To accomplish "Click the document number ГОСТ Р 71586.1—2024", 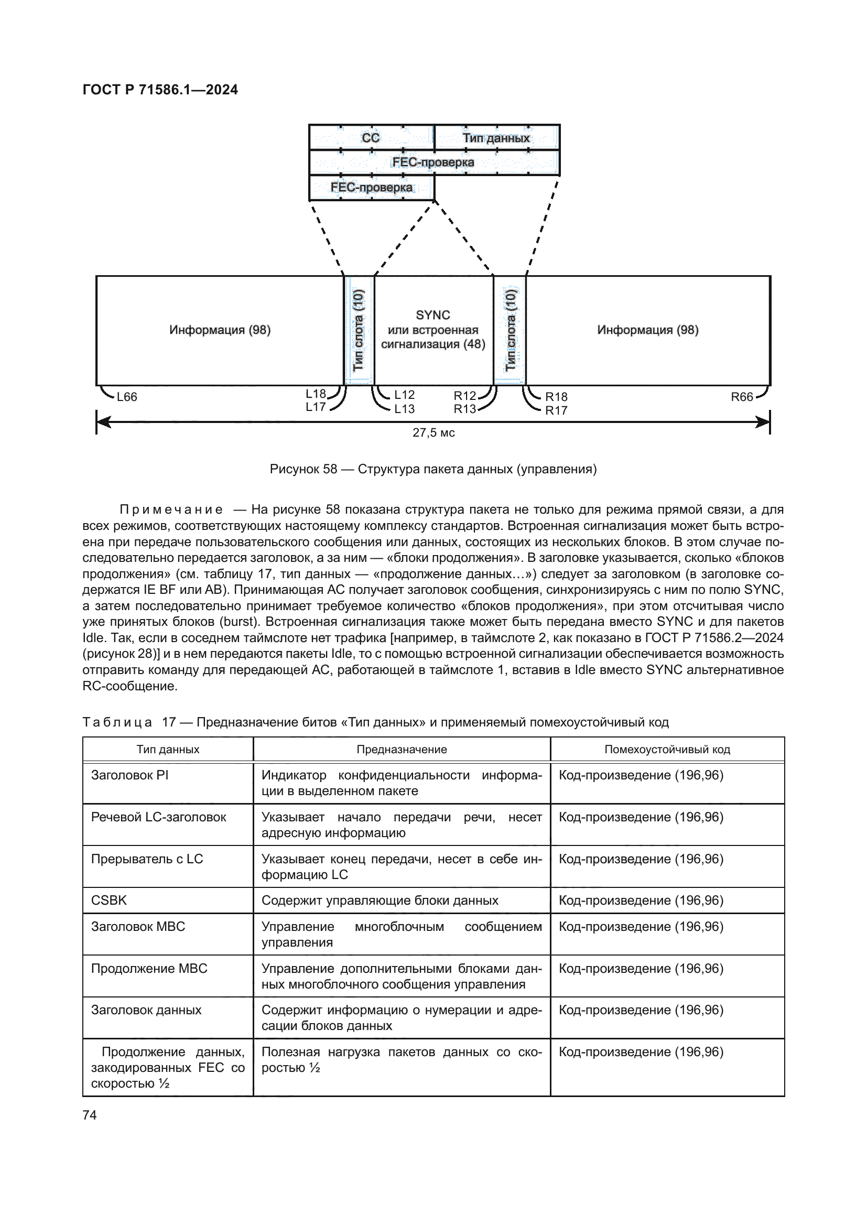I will pos(160,90).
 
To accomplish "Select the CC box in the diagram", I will pos(371,138).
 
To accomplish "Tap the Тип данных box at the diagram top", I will pos(496,138).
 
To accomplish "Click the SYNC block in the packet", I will pos(433,330).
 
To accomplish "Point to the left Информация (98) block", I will pos(220,330).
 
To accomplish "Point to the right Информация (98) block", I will pos(647,330).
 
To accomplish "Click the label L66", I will pos(127,397).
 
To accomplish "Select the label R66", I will pos(742,397).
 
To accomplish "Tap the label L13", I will pos(404,409).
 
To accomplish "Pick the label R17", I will pos(556,410).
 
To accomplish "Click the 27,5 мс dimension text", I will pos(433,432).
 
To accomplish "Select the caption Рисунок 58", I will pos(433,469).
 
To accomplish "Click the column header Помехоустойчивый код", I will pos(667,749).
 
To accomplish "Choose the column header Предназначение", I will pos(402,749).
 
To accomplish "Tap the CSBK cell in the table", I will pos(110,900).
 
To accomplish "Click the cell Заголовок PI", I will pos(129,775).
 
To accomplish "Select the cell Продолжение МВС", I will pos(149,968).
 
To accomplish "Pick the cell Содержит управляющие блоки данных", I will pos(380,900).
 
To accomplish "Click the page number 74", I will pos(90,1115).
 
